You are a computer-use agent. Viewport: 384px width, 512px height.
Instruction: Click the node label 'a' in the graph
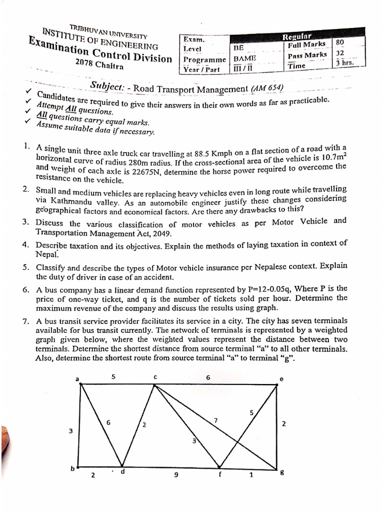pos(77,379)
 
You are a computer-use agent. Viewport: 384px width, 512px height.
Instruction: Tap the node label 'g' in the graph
pos(282,474)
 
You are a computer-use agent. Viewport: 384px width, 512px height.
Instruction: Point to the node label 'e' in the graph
pos(281,379)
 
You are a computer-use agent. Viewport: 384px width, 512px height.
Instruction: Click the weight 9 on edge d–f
pos(175,475)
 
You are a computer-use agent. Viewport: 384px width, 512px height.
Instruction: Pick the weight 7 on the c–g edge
pos(215,420)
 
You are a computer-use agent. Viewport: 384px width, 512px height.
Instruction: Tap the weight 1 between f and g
pos(251,475)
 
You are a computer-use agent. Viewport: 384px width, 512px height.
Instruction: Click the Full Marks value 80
pos(340,42)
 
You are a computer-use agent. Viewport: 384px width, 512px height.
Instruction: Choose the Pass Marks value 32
pos(340,53)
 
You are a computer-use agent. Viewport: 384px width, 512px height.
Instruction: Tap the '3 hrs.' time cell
pos(344,63)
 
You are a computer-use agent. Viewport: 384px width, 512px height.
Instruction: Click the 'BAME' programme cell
pos(245,58)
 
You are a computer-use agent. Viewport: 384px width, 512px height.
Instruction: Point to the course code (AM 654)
pos(268,88)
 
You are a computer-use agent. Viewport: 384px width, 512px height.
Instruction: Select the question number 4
pos(25,244)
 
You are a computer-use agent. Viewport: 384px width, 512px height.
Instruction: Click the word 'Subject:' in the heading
pos(107,85)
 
